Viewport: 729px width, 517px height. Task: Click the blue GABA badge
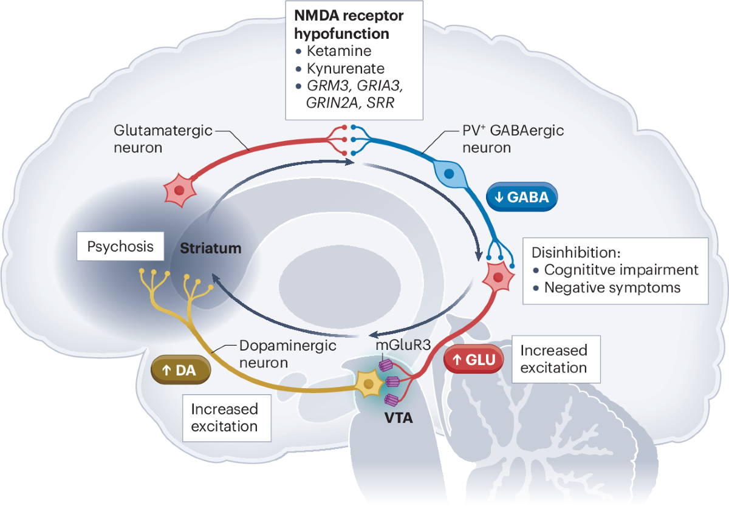[521, 197]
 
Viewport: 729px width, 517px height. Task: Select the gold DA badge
[180, 370]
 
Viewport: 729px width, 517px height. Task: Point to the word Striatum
[211, 248]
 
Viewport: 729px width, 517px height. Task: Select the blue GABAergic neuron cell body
[448, 173]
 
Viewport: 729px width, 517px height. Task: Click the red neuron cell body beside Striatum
[179, 190]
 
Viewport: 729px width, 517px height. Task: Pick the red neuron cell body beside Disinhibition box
[498, 278]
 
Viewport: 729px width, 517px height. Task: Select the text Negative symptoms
[612, 287]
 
